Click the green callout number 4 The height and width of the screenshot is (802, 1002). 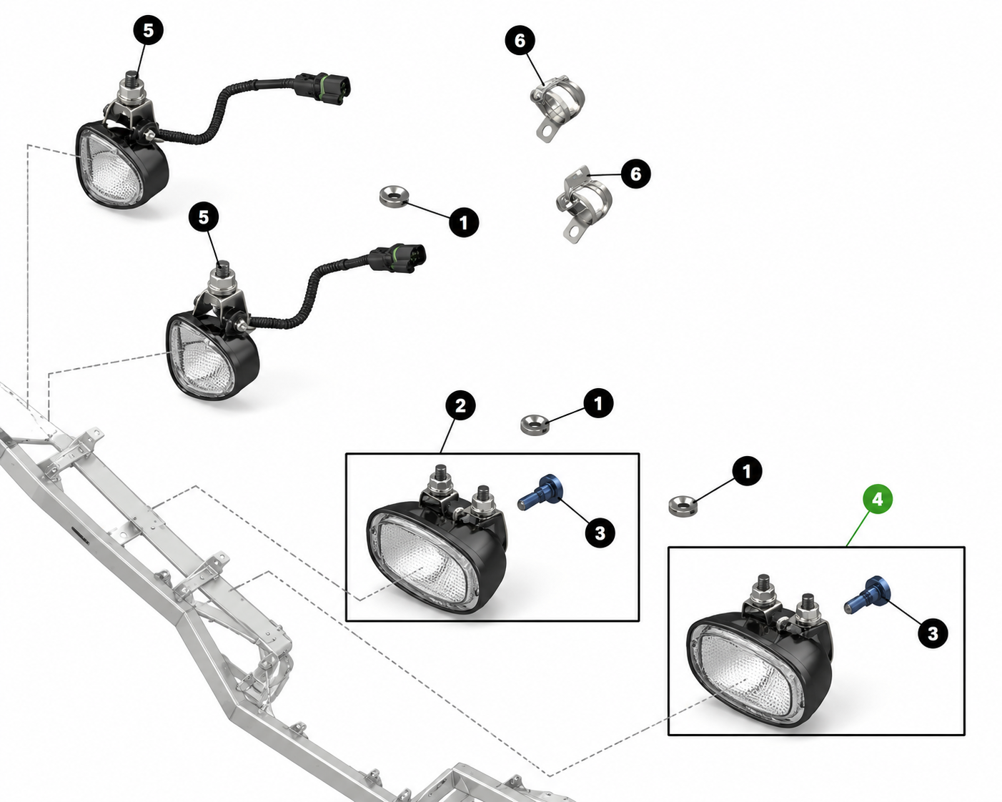click(878, 499)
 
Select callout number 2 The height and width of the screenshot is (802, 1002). click(460, 406)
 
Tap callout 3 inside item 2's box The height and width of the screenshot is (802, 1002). click(600, 533)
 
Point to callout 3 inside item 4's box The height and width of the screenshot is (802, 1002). click(933, 633)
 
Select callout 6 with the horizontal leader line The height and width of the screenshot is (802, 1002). click(635, 174)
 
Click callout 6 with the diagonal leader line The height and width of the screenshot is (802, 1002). click(520, 41)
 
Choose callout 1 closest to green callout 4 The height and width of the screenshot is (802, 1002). click(747, 471)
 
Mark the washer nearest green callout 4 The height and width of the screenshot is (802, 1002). click(682, 506)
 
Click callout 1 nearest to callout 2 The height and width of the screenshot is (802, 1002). click(598, 403)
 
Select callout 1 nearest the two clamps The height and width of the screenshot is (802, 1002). click(464, 222)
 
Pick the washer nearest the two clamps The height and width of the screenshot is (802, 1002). click(394, 197)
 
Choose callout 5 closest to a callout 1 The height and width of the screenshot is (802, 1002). click(204, 217)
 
